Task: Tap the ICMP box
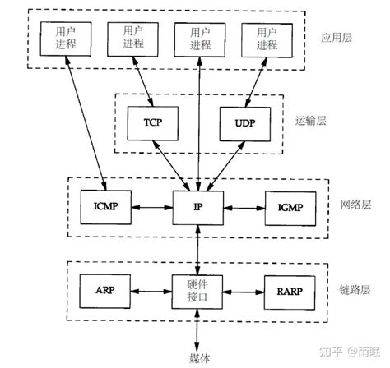coord(105,206)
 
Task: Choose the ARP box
coord(105,290)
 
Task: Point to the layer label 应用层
coord(337,39)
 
